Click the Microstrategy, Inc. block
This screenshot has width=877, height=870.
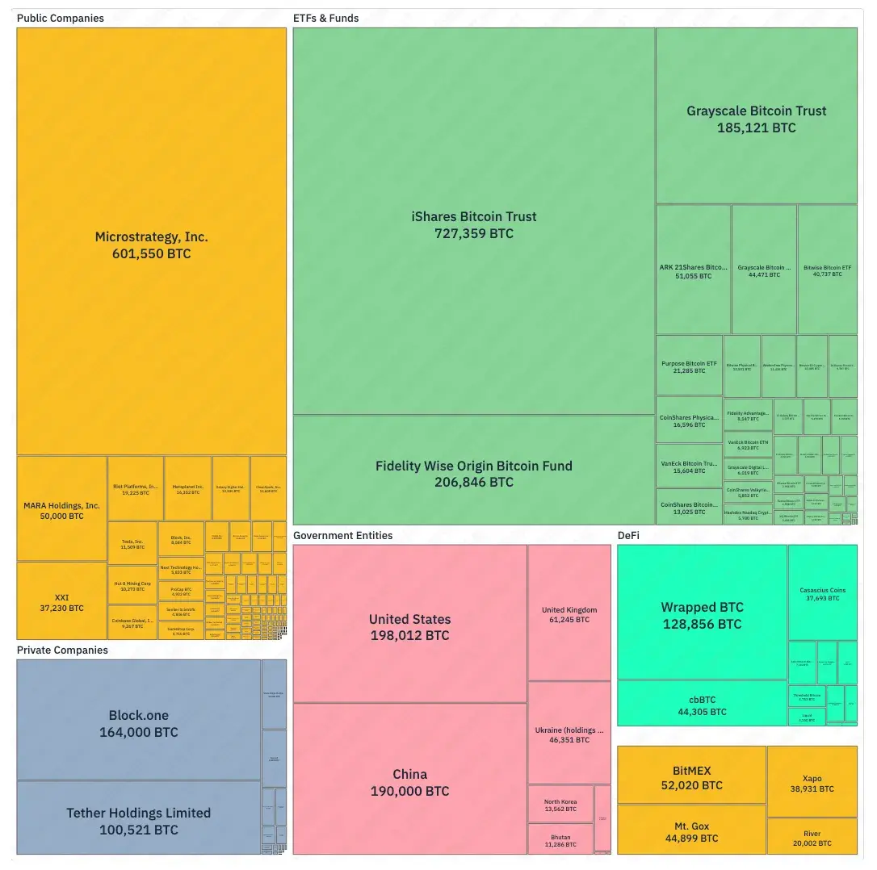click(x=152, y=242)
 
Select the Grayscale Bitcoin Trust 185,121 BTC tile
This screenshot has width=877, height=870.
click(x=756, y=118)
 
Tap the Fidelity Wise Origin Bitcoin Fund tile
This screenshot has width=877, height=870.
click(x=473, y=472)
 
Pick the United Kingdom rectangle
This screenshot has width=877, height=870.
click(x=569, y=613)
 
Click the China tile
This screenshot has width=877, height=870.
click(x=409, y=781)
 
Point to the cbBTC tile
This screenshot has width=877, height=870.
click(x=702, y=705)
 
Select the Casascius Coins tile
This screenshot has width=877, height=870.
click(x=822, y=593)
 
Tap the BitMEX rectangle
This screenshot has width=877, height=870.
click(x=691, y=776)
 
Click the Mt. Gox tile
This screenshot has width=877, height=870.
click(x=691, y=830)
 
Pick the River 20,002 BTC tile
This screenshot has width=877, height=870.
click(x=812, y=837)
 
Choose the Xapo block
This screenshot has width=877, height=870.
click(x=812, y=782)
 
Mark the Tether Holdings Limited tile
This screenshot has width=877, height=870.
click(x=138, y=819)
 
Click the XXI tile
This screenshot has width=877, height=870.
click(x=61, y=601)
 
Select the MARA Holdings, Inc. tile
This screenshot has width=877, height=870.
click(x=61, y=509)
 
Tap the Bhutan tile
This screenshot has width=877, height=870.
click(x=560, y=839)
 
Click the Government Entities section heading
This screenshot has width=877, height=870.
click(x=342, y=535)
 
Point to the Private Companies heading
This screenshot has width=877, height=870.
click(x=62, y=650)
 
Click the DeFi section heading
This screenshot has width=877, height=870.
click(x=630, y=535)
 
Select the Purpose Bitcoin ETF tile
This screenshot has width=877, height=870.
click(x=689, y=366)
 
